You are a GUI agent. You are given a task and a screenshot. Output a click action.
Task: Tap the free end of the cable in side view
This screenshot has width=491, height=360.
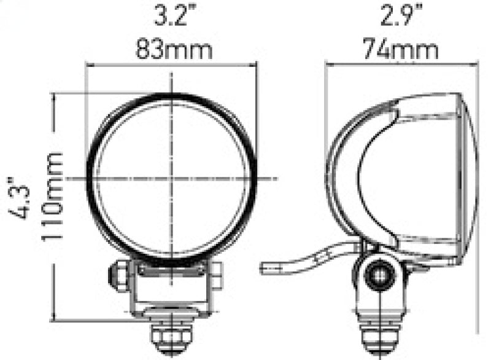point(265,268)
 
